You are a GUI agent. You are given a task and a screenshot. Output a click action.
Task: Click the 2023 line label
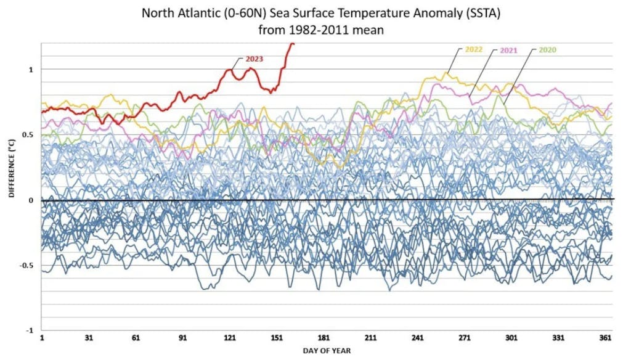pyautogui.click(x=254, y=59)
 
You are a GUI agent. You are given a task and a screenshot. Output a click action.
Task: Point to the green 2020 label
pyautogui.click(x=547, y=49)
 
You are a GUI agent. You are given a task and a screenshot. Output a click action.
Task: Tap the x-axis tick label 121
pyautogui.click(x=230, y=338)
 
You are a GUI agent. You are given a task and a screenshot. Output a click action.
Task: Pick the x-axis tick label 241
pyautogui.click(x=418, y=338)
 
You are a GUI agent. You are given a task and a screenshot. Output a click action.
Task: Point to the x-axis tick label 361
pyautogui.click(x=605, y=338)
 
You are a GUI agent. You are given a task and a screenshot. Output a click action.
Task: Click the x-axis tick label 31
pyautogui.click(x=89, y=338)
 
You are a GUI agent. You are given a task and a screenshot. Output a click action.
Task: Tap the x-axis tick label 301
pyautogui.click(x=511, y=338)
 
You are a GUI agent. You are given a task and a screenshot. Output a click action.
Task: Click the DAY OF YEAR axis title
pyautogui.click(x=327, y=351)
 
